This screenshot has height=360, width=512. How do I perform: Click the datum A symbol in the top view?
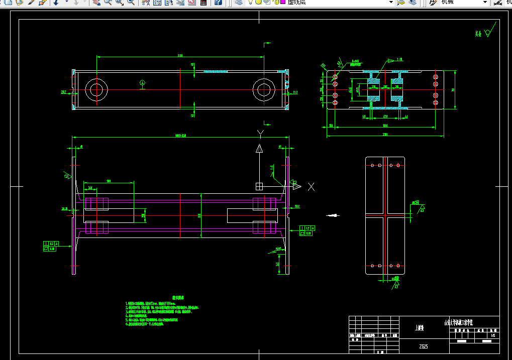click(x=142, y=82)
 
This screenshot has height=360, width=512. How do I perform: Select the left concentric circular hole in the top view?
click(x=96, y=90)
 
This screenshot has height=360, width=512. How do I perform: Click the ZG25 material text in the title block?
click(x=424, y=346)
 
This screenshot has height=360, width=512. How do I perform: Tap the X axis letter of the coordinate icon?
click(x=311, y=187)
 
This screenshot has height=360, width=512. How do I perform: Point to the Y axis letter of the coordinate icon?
click(x=260, y=134)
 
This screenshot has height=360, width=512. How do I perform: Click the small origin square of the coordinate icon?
click(x=259, y=186)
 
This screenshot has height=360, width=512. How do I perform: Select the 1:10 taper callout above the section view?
click(x=400, y=60)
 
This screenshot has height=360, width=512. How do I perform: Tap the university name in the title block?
click(x=459, y=323)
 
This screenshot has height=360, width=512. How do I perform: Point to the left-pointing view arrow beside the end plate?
click(x=331, y=216)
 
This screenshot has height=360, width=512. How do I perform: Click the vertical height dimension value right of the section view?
click(x=453, y=90)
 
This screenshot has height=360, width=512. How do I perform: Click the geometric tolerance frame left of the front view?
click(x=50, y=246)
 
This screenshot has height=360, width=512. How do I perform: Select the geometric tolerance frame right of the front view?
click(x=305, y=230)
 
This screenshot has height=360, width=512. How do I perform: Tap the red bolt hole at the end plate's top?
click(x=397, y=165)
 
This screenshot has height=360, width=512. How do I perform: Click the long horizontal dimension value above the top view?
click(x=180, y=56)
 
